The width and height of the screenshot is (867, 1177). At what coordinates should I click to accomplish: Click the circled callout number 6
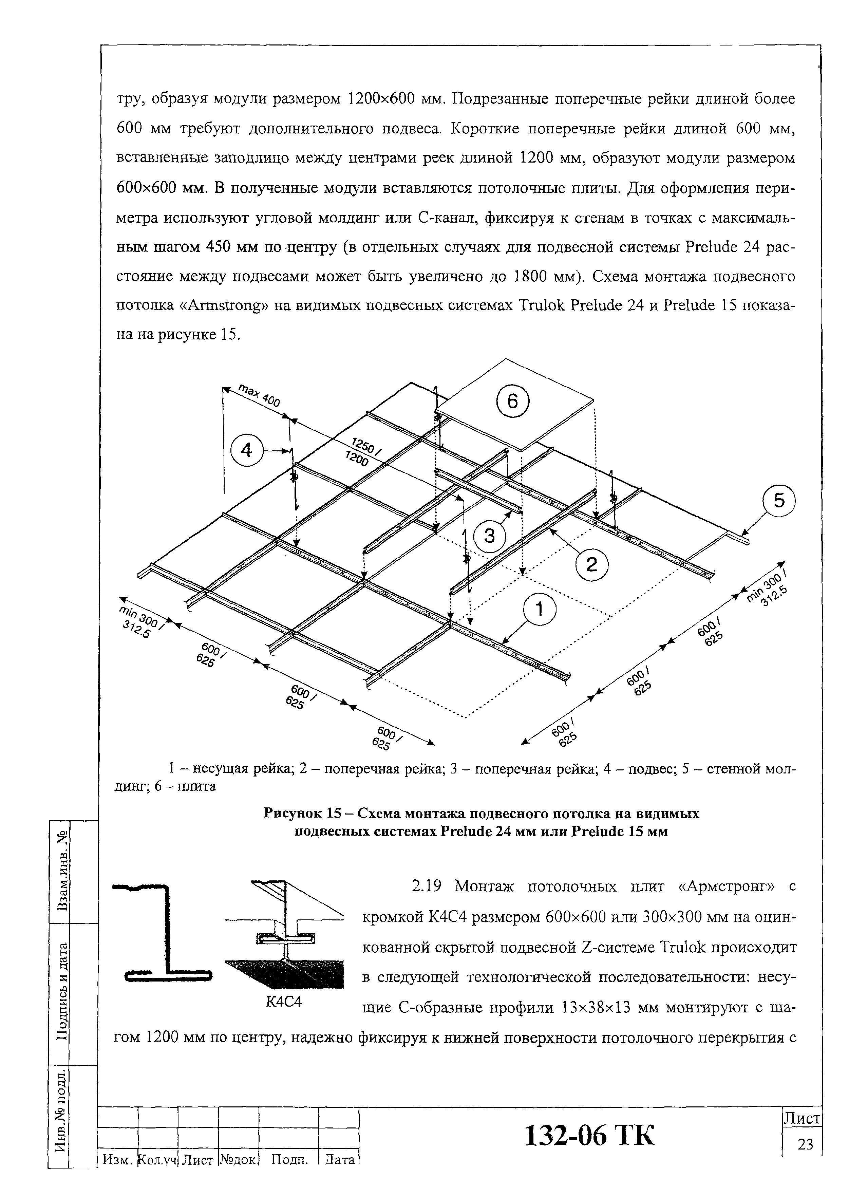[x=512, y=402]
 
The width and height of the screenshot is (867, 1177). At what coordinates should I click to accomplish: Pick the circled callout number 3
[x=489, y=536]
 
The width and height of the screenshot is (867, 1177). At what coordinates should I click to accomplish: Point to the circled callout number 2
[x=591, y=565]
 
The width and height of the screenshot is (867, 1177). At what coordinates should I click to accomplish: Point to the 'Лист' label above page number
[x=802, y=1119]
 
